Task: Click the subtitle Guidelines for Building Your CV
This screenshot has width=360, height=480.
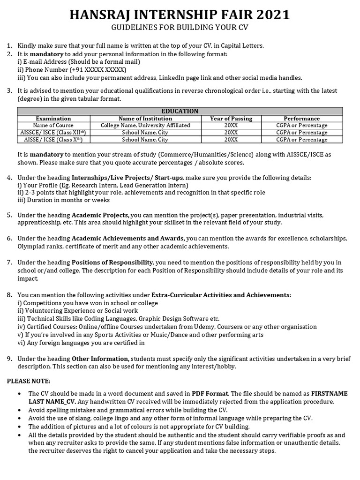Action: point(180,28)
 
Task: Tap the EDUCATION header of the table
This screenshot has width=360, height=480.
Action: point(180,111)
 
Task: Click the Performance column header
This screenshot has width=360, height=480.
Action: point(301,119)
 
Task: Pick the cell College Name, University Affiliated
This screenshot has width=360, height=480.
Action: point(145,126)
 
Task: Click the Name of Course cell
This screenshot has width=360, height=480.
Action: point(53,126)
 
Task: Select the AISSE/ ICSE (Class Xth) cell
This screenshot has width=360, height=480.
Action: point(53,140)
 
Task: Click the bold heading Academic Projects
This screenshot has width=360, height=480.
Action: point(101,215)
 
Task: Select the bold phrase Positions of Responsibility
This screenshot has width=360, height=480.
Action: point(112,262)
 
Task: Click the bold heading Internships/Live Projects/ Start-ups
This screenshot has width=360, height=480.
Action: point(127,178)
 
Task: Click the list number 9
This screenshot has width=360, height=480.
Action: point(9,359)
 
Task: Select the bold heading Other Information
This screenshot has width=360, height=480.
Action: point(101,359)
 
